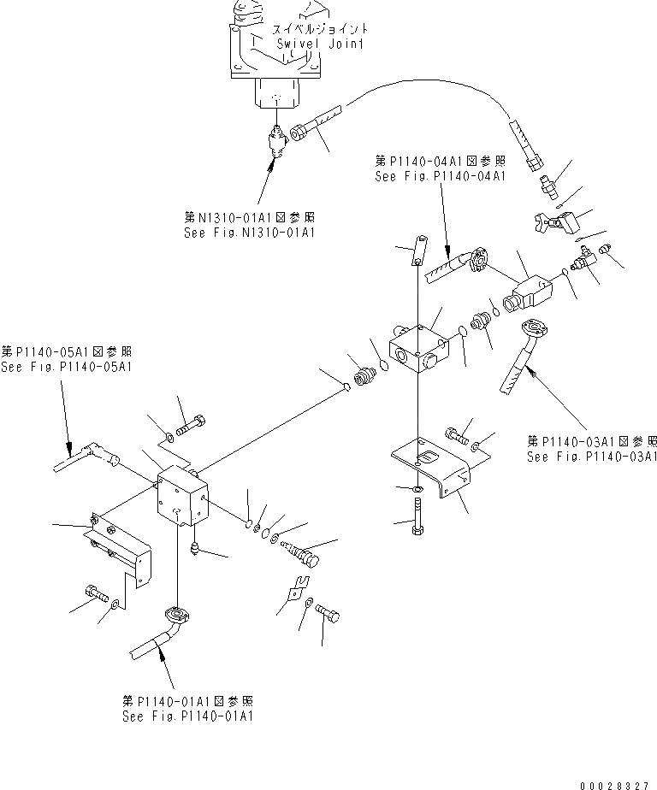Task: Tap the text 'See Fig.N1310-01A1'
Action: (x=249, y=232)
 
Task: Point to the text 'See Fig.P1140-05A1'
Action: (x=67, y=367)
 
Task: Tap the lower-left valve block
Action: (x=181, y=503)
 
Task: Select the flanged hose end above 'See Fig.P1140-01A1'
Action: (x=175, y=617)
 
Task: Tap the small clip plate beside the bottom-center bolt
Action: (x=295, y=588)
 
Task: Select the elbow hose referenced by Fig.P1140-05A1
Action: (x=90, y=458)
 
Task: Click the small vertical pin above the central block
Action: (x=420, y=251)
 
